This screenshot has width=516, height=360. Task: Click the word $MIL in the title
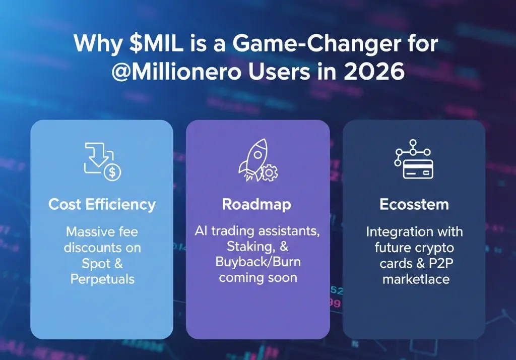[156, 43]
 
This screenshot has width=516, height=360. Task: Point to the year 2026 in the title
[374, 72]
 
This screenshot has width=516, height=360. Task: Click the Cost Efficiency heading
[102, 205]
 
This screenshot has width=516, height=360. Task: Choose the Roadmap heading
[256, 205]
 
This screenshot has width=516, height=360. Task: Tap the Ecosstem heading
[414, 205]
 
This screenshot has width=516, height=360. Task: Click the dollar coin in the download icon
[112, 172]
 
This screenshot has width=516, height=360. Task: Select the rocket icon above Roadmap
[253, 159]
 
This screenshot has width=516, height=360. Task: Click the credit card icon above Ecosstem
[418, 169]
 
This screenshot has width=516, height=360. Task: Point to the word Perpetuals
[102, 280]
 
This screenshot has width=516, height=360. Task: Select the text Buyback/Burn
[258, 262]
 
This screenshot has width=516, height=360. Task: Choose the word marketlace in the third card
[416, 279]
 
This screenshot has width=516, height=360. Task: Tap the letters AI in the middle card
[201, 231]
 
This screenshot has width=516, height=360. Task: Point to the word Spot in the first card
[96, 264]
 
